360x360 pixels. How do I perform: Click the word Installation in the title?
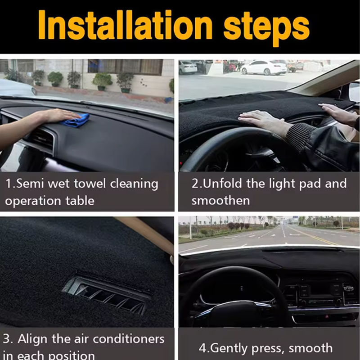pyautogui.click(x=125, y=25)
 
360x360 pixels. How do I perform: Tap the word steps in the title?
pyautogui.click(x=266, y=28)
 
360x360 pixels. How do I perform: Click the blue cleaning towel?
pyautogui.click(x=76, y=120)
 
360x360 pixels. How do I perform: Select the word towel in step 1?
pyautogui.click(x=90, y=184)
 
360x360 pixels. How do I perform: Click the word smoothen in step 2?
pyautogui.click(x=220, y=200)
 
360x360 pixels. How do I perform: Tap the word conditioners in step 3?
pyautogui.click(x=128, y=339)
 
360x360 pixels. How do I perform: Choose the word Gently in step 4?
pyautogui.click(x=229, y=348)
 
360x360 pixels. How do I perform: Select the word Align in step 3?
pyautogui.click(x=32, y=339)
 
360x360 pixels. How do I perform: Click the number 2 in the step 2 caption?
pyautogui.click(x=195, y=184)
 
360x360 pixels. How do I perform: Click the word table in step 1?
pyautogui.click(x=80, y=201)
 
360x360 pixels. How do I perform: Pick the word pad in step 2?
pyautogui.click(x=310, y=184)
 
